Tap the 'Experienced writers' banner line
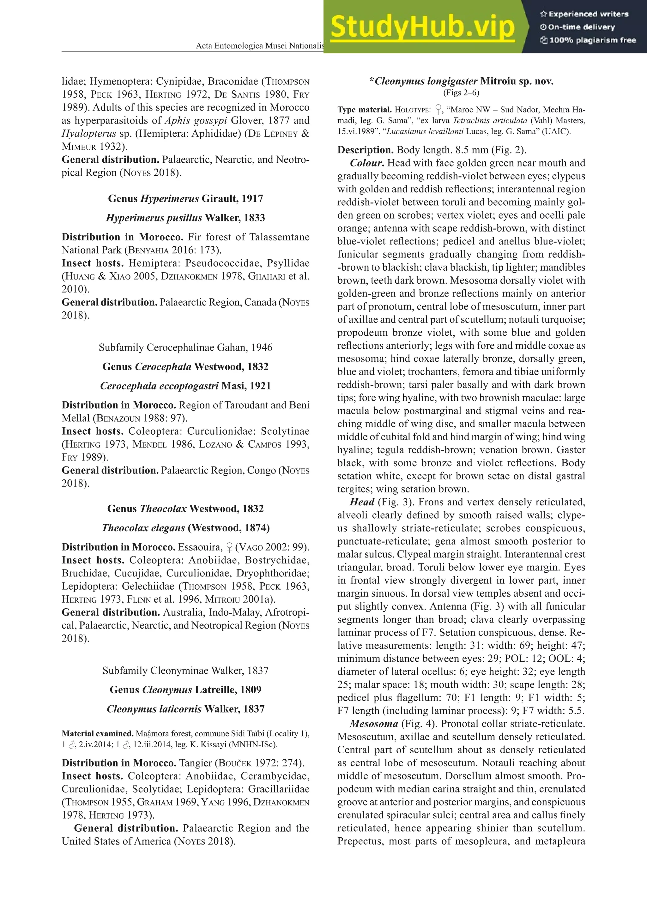click(x=584, y=14)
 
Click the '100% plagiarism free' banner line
click(x=589, y=40)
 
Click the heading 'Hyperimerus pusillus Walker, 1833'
click(x=185, y=218)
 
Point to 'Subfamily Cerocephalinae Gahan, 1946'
click(x=185, y=347)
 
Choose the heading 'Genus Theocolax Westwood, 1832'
click(x=185, y=509)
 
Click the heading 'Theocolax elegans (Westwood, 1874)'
click(x=185, y=528)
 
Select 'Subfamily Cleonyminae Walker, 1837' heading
click(x=185, y=671)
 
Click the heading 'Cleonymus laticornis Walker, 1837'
click(x=185, y=709)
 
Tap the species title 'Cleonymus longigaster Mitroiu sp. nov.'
click(x=461, y=81)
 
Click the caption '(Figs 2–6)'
click(x=461, y=93)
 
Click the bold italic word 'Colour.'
click(x=367, y=163)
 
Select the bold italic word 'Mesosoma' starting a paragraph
click(x=373, y=724)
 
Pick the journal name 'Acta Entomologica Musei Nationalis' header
click(x=259, y=46)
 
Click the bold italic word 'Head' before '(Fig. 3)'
click(x=362, y=502)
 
